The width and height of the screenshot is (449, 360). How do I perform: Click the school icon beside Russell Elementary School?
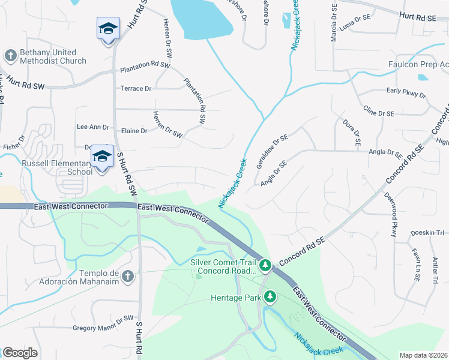tap(102, 157)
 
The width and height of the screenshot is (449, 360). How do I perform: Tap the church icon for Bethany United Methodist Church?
tap(10, 56)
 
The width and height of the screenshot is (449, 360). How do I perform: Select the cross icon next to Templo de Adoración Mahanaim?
tap(127, 276)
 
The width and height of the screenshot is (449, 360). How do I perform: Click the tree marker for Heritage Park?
tap(270, 296)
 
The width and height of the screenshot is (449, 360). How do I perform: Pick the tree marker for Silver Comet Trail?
tap(265, 265)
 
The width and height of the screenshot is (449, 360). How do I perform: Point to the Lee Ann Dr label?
tap(93, 127)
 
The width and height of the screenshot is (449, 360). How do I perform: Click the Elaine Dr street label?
tap(134, 131)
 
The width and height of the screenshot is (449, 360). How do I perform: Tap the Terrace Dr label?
tap(136, 89)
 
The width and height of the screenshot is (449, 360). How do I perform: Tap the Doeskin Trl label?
tap(427, 233)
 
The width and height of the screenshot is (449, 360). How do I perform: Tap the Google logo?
tap(20, 353)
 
